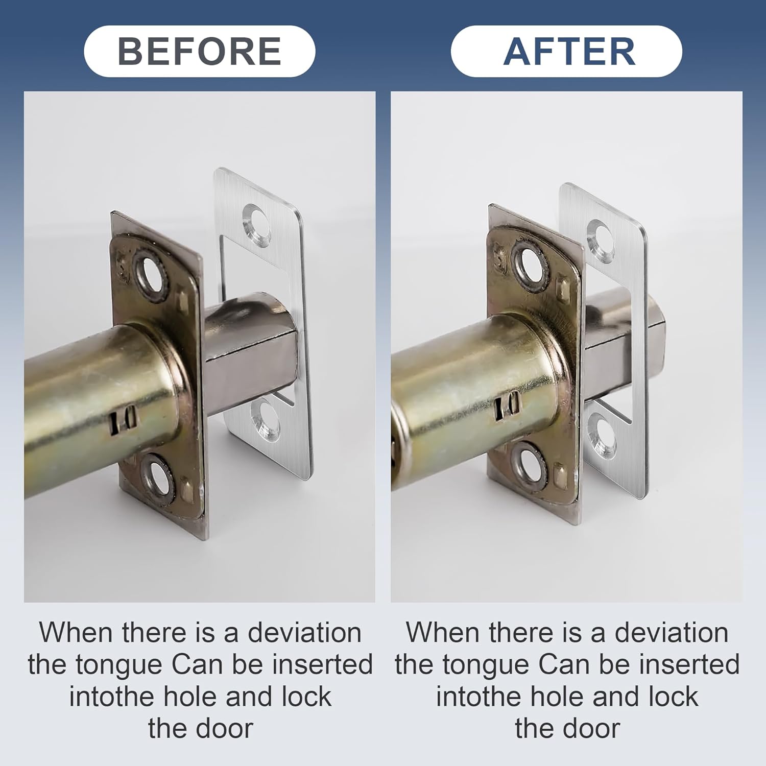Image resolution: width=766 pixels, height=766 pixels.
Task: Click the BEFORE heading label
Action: pos(199,51)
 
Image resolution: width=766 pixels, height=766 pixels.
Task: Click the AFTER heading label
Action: pos(569,51)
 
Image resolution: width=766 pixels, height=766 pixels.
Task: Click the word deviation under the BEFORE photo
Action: pos(305,633)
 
